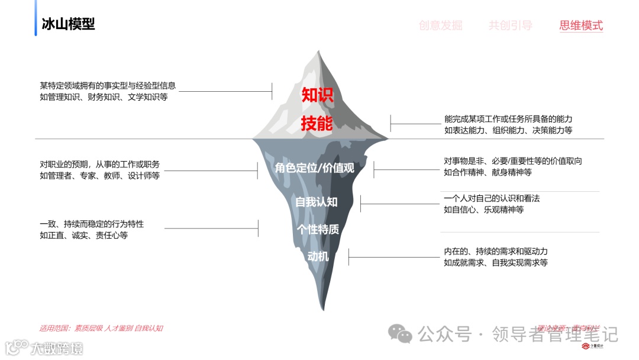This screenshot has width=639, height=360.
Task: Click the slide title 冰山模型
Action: point(68,24)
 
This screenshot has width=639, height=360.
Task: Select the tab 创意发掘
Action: point(440,25)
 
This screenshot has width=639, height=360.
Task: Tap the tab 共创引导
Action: point(510,25)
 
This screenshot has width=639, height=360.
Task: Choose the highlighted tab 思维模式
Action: point(581,25)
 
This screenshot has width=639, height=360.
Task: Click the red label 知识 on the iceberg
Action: point(318,95)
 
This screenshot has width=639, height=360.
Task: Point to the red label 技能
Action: point(317,124)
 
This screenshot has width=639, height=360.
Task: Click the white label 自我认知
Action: point(317,202)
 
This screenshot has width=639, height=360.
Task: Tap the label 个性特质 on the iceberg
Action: point(318,229)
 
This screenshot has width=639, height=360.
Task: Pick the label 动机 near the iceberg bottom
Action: point(318,256)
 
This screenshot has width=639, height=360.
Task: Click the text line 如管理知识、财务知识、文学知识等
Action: point(104,97)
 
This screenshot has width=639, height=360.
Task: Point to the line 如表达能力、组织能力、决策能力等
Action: point(508,130)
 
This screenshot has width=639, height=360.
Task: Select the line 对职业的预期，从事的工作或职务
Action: point(99,164)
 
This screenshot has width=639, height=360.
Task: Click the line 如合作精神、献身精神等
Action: point(488,172)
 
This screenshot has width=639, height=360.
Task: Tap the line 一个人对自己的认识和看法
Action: point(492,198)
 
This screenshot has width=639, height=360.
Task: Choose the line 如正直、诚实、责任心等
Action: point(83,235)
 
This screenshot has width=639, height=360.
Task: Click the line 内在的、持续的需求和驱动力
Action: point(496,251)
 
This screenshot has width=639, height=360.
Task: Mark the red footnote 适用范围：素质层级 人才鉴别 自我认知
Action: point(101,328)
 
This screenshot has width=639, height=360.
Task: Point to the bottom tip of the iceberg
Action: point(322,309)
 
